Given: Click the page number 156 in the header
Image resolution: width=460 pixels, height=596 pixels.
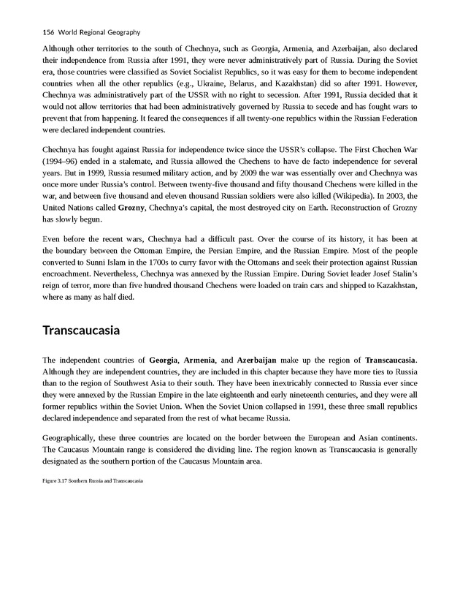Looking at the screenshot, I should (49, 33).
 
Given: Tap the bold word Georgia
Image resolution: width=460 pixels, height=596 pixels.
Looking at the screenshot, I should (164, 361).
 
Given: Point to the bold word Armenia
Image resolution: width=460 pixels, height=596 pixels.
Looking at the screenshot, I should (199, 361).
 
